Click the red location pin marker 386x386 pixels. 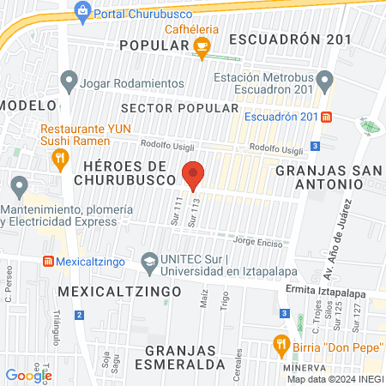tap(193, 174)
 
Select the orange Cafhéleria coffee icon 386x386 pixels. tap(202, 47)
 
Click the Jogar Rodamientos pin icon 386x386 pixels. tap(69, 82)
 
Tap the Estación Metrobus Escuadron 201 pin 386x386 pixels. tap(324, 82)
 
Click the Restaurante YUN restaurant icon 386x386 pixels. tap(59, 157)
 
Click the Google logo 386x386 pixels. tap(29, 375)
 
